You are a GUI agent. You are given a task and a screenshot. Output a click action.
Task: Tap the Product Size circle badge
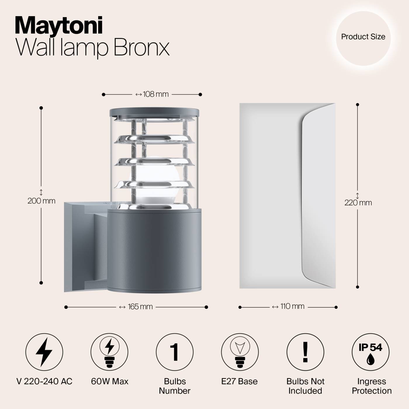pyautogui.click(x=363, y=37)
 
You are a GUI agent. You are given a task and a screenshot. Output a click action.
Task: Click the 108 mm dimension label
pyautogui.click(x=152, y=94)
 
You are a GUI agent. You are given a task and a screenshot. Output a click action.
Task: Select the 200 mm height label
pyautogui.click(x=41, y=201)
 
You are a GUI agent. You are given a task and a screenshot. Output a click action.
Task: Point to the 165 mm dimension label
pyautogui.click(x=136, y=307)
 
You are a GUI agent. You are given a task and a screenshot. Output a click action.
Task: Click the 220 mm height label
pyautogui.click(x=358, y=202)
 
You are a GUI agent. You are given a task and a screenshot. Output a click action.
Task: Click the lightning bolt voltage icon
pyautogui.click(x=44, y=352)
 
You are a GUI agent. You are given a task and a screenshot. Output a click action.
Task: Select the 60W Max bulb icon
pyautogui.click(x=109, y=352)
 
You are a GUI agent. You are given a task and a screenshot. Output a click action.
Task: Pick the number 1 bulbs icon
pyautogui.click(x=174, y=352)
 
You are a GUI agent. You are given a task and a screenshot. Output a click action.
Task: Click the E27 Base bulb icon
pyautogui.click(x=240, y=352)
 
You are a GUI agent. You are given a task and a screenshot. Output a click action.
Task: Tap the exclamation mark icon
pyautogui.click(x=305, y=352)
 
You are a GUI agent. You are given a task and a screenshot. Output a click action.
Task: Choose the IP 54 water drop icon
pyautogui.click(x=370, y=352)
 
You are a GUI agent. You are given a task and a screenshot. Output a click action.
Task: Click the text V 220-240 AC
pyautogui.click(x=44, y=381)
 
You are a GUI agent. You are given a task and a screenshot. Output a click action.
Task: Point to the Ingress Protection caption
pyautogui.click(x=372, y=386)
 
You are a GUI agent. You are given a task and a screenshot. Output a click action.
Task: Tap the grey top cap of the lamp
pyautogui.click(x=154, y=112)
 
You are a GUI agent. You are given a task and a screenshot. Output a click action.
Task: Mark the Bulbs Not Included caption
pyautogui.click(x=305, y=386)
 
